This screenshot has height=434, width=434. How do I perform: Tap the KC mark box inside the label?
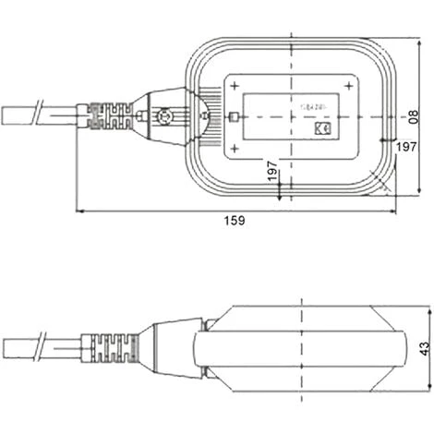coord(322,130)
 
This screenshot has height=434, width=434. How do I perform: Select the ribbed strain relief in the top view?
coord(109,117)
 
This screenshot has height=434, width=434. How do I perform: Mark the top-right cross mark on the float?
coord(348,86)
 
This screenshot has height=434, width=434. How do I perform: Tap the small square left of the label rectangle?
coord(233,117)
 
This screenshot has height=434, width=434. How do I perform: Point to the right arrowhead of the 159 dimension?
coord(393,211)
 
